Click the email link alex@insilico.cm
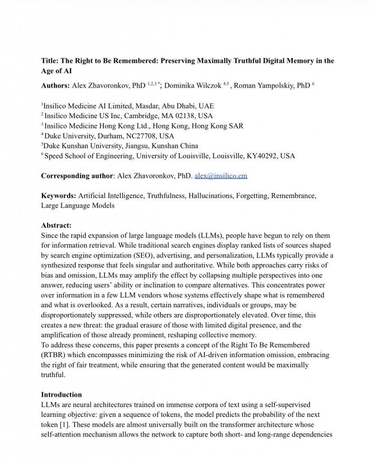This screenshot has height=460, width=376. (221, 176)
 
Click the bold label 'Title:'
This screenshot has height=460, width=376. (50, 61)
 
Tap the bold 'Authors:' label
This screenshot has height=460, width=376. (55, 85)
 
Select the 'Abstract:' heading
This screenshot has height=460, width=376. (56, 226)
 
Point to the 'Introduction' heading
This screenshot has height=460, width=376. (62, 394)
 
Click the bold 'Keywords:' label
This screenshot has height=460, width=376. (58, 196)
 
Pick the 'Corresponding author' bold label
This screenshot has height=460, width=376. (77, 176)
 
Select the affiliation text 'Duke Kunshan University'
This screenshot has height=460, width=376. (82, 146)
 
